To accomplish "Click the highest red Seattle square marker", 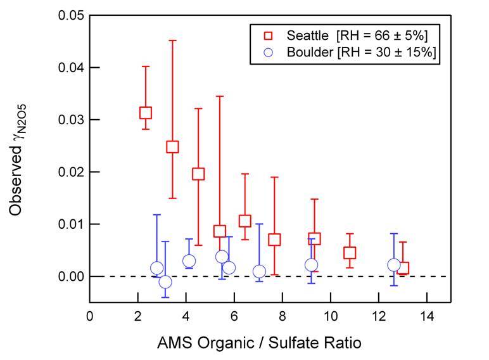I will pyautogui.click(x=146, y=113).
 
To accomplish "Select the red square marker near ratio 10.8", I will pyautogui.click(x=350, y=253).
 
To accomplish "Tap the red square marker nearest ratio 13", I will pyautogui.click(x=403, y=267).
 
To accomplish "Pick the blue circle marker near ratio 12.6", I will pyautogui.click(x=394, y=265).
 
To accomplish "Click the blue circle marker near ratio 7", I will pyautogui.click(x=259, y=271).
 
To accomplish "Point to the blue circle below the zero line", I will pyautogui.click(x=165, y=282).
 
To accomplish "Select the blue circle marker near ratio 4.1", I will pyautogui.click(x=189, y=260).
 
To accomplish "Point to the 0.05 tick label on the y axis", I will pyautogui.click(x=71, y=15).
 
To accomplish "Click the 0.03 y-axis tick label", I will pyautogui.click(x=71, y=120).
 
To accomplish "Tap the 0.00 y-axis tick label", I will pyautogui.click(x=71, y=277).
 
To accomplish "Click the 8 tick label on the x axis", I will pyautogui.click(x=283, y=316).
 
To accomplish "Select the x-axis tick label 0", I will pyautogui.click(x=90, y=316).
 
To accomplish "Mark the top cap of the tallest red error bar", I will pyautogui.click(x=172, y=40).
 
